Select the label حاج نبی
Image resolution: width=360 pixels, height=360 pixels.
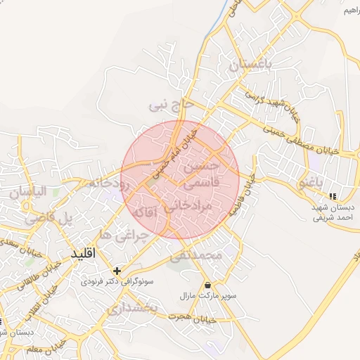point(169,106)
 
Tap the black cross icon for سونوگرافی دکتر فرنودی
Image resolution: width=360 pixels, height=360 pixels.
point(117,270)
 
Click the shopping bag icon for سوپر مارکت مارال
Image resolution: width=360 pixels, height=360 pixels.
point(208,285)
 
